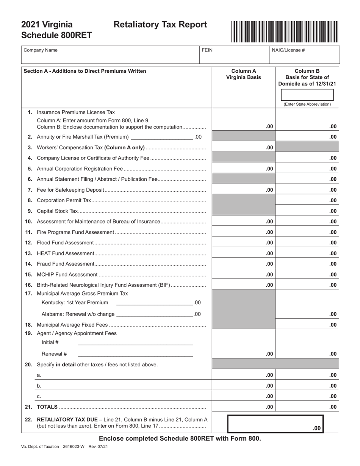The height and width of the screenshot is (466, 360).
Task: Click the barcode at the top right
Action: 284,31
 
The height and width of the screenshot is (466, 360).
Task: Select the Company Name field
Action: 110,55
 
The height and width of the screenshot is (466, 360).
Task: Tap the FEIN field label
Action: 207,50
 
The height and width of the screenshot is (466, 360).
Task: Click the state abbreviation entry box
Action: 307,94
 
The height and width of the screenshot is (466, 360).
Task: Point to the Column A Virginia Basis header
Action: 243,74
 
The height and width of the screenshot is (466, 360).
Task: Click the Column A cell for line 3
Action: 243,147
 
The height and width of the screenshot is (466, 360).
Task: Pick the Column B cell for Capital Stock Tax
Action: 307,211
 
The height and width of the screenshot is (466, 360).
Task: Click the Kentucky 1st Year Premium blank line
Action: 154,302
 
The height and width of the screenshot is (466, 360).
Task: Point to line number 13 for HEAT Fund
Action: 29,253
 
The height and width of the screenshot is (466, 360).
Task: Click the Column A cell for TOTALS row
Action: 243,407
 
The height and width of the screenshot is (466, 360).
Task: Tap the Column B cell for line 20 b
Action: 307,386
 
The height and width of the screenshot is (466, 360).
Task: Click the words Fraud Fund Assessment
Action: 65,264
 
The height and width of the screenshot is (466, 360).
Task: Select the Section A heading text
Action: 85,71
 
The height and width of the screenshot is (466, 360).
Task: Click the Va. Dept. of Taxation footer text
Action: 40,447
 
